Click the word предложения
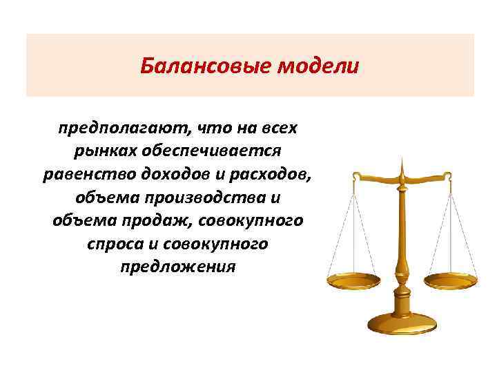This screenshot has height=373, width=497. tap(177, 267)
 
